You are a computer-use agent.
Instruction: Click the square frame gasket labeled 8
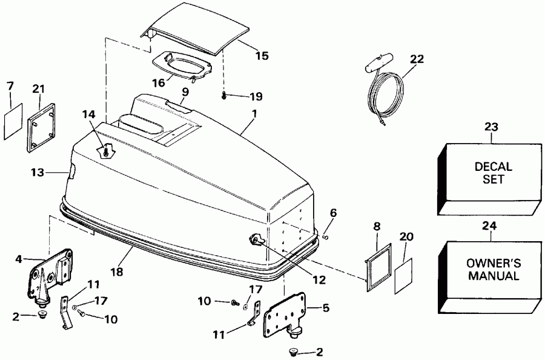tap(375, 261)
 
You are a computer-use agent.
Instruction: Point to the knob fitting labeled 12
tap(255, 241)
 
